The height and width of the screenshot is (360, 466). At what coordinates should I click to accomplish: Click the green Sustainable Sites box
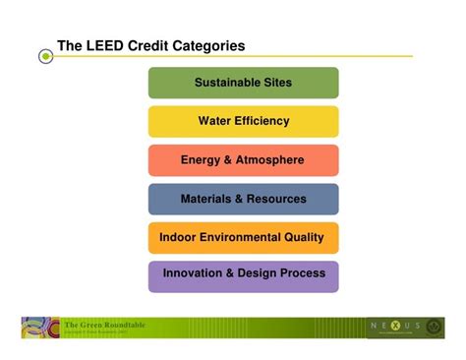[243, 83]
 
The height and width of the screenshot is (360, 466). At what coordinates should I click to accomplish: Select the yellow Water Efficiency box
[243, 121]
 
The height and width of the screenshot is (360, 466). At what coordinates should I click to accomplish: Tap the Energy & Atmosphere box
[243, 160]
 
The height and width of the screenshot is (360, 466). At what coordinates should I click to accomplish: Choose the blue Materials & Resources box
[243, 199]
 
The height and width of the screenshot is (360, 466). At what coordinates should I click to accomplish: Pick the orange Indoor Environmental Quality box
[243, 237]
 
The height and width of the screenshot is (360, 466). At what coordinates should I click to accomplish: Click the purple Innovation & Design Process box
[243, 275]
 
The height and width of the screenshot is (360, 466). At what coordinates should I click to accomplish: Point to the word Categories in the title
[207, 46]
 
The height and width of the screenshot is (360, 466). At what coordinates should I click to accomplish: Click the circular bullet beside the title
[45, 57]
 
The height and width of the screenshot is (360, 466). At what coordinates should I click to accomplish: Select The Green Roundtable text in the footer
[105, 324]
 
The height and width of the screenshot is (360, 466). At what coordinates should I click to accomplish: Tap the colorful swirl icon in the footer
[39, 328]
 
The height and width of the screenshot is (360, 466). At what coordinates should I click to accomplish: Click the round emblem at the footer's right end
[434, 326]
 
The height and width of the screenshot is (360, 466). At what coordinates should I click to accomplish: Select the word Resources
[275, 199]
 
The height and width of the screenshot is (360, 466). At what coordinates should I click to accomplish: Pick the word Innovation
[193, 273]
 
